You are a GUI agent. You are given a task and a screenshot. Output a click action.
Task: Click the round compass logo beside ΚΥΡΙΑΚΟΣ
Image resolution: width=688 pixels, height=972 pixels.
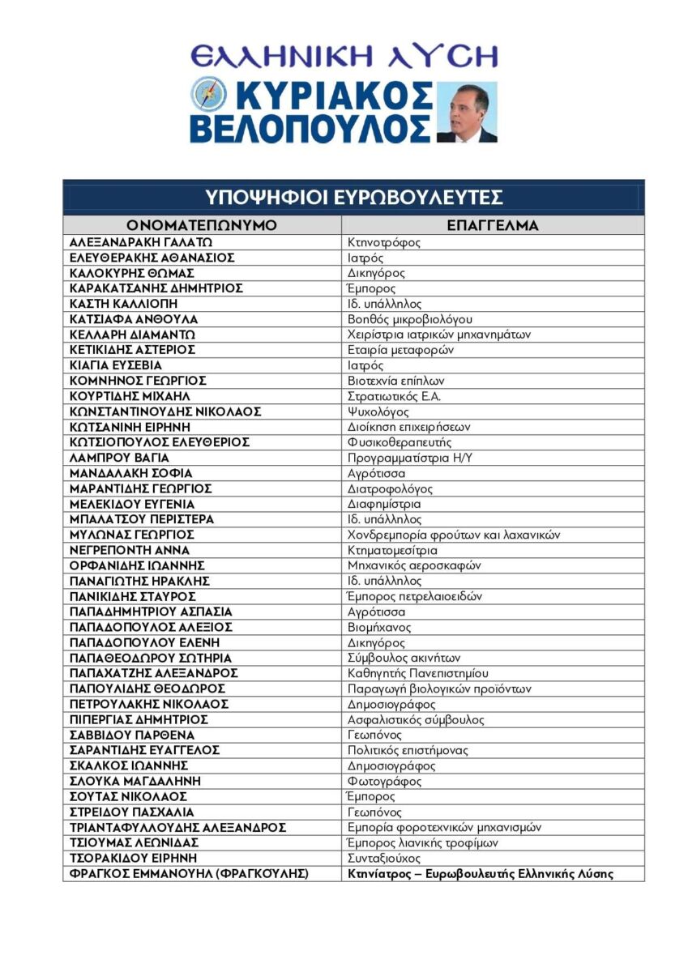[208, 94]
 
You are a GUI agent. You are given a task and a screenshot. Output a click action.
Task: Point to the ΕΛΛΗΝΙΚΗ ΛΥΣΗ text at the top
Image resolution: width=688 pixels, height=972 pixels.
[344, 56]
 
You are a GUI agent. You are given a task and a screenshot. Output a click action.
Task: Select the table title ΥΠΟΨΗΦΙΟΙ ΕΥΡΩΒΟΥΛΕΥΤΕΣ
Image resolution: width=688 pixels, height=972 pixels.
[353, 198]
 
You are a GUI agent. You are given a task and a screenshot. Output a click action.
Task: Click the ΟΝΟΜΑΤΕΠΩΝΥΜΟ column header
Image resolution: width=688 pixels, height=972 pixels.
[202, 225]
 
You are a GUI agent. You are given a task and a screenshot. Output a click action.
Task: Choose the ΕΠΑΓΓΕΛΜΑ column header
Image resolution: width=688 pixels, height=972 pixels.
[493, 225]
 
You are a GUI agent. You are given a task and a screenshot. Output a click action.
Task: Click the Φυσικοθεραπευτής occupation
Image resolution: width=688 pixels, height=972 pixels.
[400, 442]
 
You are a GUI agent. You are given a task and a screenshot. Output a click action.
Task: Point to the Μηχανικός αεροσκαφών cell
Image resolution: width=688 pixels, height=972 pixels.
[414, 565]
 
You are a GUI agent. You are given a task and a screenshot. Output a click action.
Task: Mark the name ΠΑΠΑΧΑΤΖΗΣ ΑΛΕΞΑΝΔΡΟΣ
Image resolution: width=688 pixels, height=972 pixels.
[153, 673]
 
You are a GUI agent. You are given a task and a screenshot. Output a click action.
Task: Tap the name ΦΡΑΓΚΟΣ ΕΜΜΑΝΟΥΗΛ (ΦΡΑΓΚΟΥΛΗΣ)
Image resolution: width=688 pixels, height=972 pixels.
[189, 873]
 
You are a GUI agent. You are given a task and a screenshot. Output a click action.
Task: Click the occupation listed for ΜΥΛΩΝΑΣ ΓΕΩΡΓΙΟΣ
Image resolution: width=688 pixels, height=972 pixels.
[454, 535]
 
